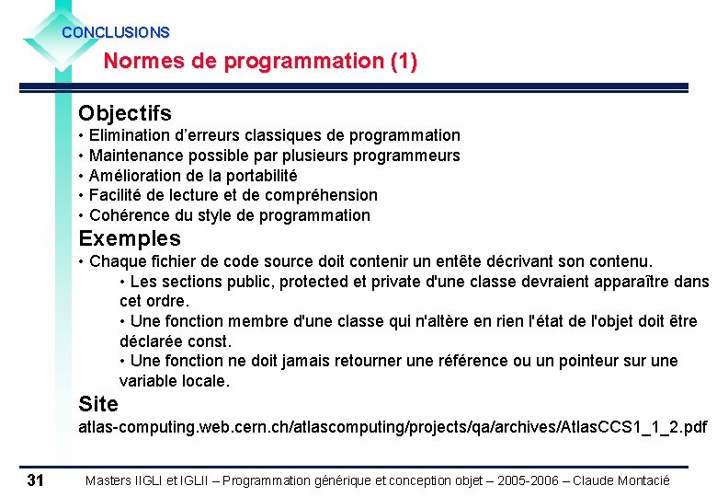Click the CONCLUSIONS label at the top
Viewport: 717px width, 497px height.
point(116,32)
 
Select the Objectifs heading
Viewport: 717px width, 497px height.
point(125,113)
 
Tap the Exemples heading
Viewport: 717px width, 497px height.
point(130,239)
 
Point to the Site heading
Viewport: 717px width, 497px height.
point(98,404)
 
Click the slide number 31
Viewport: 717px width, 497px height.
point(36,480)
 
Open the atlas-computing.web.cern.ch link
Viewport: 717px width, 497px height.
point(393,427)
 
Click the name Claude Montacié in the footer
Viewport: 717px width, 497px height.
point(621,480)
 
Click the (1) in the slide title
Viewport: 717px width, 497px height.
point(404,62)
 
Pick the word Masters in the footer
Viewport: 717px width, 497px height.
point(110,480)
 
